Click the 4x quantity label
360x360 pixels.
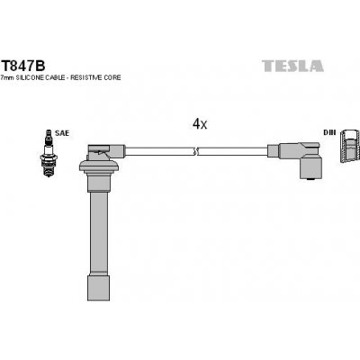199,125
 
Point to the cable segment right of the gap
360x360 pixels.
234,149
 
